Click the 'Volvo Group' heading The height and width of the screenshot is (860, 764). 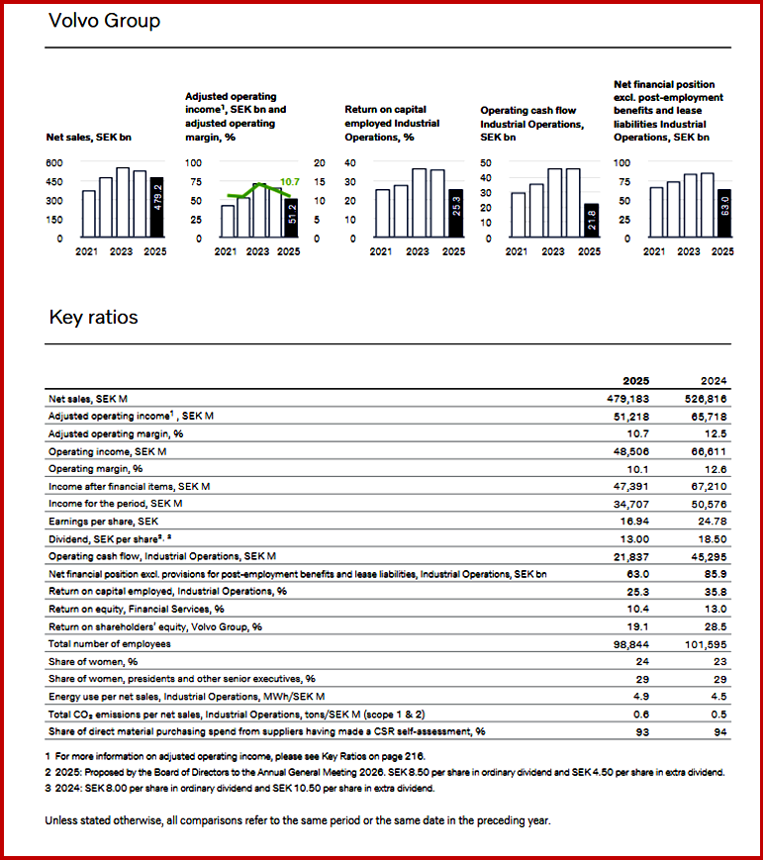tap(104, 20)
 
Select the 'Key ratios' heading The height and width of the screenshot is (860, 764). tap(93, 318)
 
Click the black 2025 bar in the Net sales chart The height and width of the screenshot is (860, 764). tap(156, 208)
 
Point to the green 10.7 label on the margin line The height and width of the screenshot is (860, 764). tap(290, 182)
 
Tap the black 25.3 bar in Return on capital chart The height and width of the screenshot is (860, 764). tap(454, 214)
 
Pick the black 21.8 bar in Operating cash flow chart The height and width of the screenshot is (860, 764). tap(591, 221)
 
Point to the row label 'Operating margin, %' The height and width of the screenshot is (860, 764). tap(96, 469)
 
